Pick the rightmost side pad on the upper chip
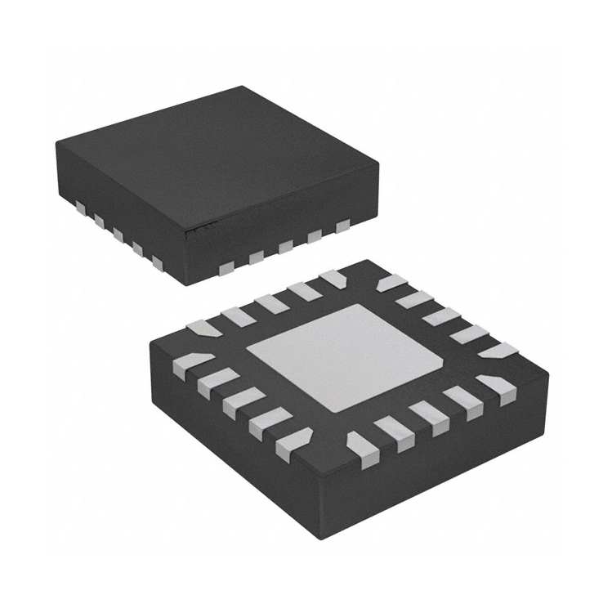[341, 224]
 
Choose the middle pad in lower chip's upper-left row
[270, 303]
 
